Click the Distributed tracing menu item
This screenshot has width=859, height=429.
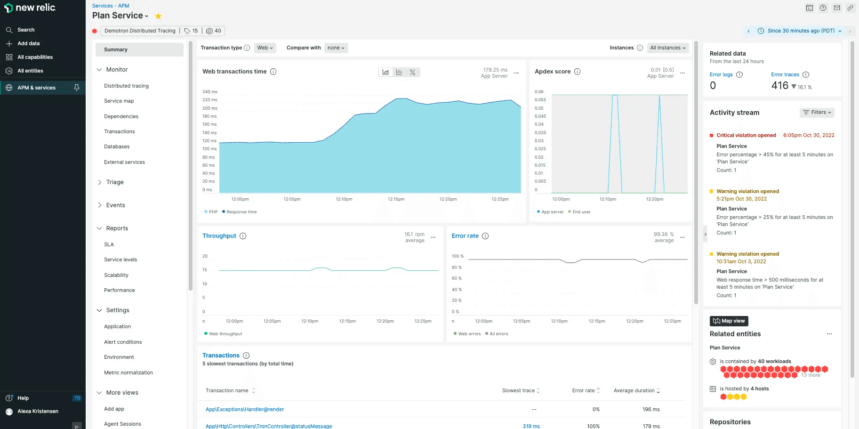[x=126, y=86]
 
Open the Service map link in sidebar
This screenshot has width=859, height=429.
[x=119, y=101]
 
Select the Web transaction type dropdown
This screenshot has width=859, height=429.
[x=265, y=48]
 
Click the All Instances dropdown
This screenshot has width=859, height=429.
[x=667, y=48]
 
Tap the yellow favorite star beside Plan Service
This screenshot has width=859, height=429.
[x=159, y=16]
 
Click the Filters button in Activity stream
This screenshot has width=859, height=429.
[x=817, y=113]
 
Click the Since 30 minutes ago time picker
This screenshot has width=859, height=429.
[x=800, y=31]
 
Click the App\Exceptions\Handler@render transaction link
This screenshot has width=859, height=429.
[x=244, y=409]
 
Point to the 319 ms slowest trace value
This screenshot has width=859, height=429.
[x=531, y=426]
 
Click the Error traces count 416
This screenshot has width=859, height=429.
[x=779, y=85]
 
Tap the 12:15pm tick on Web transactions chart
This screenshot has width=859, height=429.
[x=396, y=199]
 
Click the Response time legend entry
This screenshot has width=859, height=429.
[x=241, y=212]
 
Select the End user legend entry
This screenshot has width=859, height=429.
[x=581, y=212]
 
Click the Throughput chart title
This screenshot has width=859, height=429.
[x=219, y=236]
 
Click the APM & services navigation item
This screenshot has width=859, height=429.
[x=36, y=88]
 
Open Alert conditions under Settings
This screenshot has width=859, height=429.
[x=123, y=342]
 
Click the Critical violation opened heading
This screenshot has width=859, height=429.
[x=746, y=135]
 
